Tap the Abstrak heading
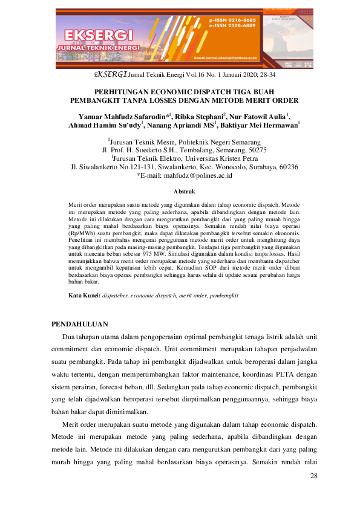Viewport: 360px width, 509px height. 180,191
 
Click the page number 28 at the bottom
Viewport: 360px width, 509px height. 313,476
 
